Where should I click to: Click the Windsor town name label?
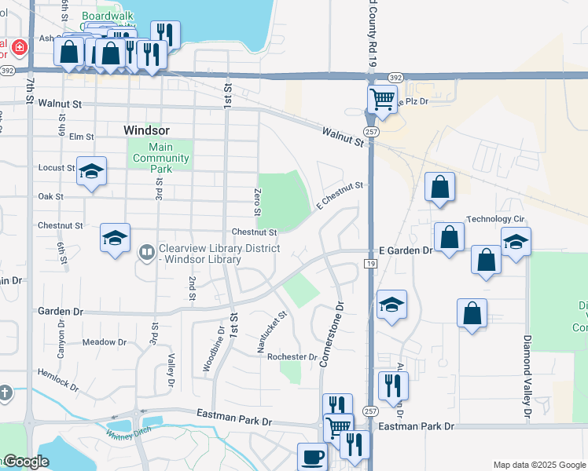click(147, 130)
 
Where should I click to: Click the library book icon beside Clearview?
click(146, 253)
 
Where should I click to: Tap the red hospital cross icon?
click(17, 49)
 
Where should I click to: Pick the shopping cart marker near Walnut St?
click(382, 100)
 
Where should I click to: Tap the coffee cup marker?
click(312, 456)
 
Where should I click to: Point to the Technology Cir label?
click(495, 219)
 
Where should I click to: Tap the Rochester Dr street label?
click(292, 356)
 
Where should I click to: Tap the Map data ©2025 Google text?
click(538, 465)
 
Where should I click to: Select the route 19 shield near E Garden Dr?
click(371, 264)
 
